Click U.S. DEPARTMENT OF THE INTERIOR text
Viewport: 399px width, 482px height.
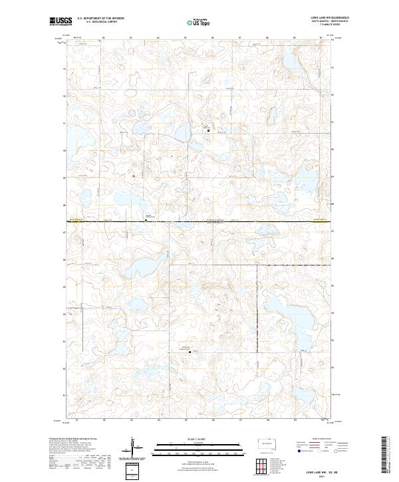click(101, 19)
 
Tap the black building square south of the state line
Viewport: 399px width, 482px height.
click(190, 352)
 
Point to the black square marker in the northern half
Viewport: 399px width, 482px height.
click(208, 130)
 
